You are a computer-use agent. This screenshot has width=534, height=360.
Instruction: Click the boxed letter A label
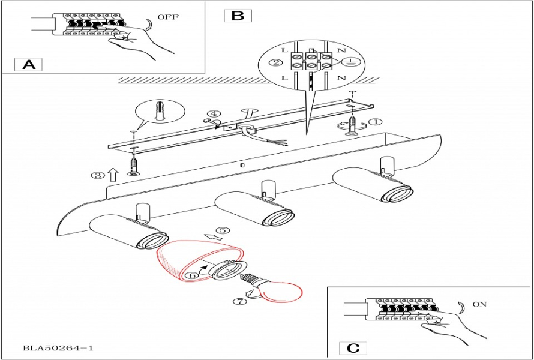[28, 64]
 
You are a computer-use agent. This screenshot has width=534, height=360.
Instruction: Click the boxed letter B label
[238, 16]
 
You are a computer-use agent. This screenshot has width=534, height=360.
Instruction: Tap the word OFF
[168, 17]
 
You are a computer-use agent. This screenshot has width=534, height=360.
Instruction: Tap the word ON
[479, 304]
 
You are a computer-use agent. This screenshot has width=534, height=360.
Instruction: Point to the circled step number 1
[376, 122]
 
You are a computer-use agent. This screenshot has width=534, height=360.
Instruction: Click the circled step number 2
[277, 62]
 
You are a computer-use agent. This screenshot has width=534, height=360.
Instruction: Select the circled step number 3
[97, 175]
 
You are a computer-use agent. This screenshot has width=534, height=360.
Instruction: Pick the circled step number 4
[214, 114]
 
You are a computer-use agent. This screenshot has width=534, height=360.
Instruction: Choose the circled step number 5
[223, 230]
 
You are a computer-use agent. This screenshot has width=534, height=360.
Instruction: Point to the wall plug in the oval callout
[159, 112]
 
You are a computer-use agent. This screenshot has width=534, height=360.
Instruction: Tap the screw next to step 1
[354, 125]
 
